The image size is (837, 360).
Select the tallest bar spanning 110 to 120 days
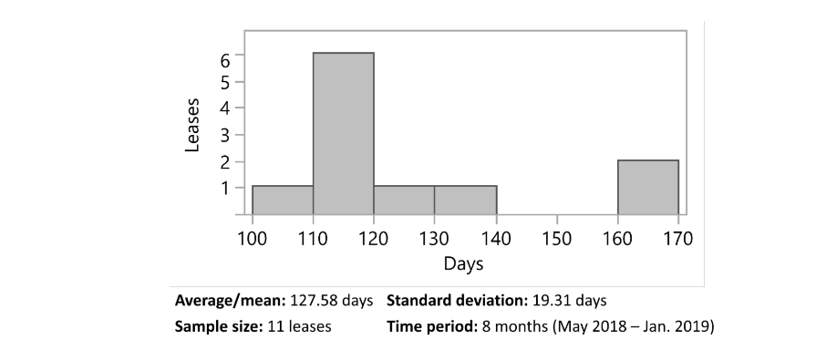[x=343, y=133]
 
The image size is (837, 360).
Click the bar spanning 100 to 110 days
[x=282, y=200]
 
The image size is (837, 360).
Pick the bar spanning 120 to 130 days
[x=404, y=200]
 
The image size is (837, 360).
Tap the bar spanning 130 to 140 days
[x=465, y=200]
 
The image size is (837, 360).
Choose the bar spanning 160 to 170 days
[x=647, y=187]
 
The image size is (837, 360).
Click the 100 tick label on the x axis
[x=252, y=239]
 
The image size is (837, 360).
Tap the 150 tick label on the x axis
[x=556, y=239]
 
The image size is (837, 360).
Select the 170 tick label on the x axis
[x=678, y=239]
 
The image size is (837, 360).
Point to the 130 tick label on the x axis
[x=434, y=239]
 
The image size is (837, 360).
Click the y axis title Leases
[x=192, y=125]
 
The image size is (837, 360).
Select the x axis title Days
[x=463, y=264]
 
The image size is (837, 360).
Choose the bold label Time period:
[x=430, y=325]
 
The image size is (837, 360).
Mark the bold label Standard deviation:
[x=456, y=300]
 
